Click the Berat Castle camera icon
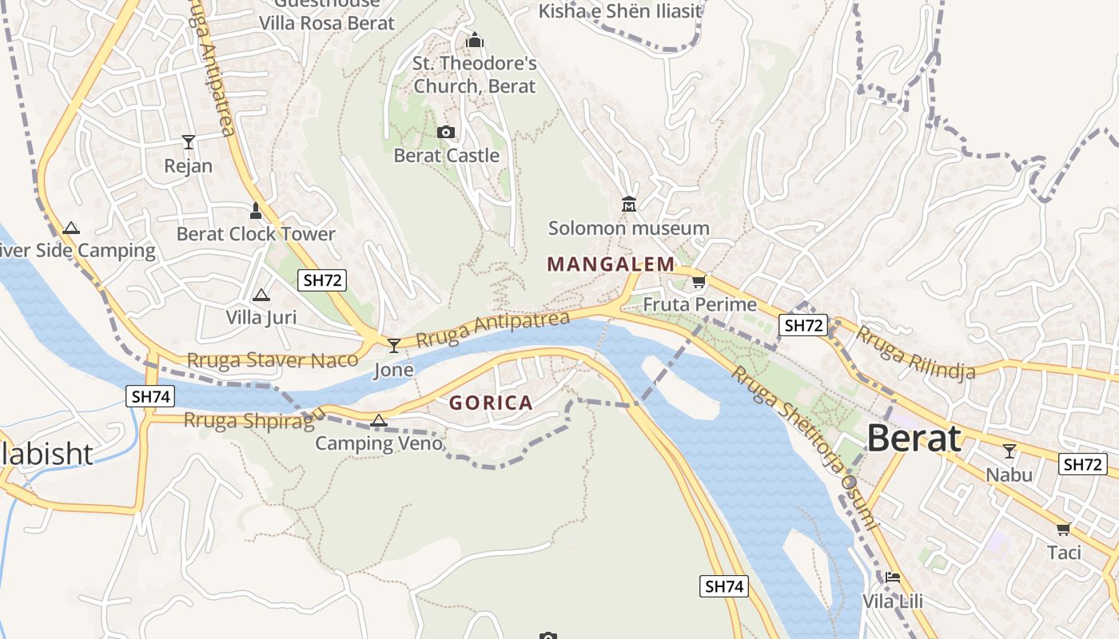point(446,132)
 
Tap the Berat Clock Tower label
point(256,234)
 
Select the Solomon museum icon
point(629,204)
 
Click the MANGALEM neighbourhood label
point(611,264)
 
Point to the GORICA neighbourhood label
point(491,403)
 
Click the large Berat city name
point(914,438)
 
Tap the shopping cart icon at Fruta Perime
point(699,281)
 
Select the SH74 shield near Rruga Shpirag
point(150,395)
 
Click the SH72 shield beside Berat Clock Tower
point(323,280)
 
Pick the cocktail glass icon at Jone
point(394,345)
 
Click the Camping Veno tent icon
point(379,420)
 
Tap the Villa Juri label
point(261,317)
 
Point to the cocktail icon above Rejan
point(189,142)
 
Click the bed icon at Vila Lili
point(893,577)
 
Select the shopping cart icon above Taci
point(1063,529)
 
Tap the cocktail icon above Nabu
point(1009,451)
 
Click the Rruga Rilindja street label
point(916,351)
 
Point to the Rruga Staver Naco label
point(273,360)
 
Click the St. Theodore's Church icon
point(475,39)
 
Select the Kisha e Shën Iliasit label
point(620,11)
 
